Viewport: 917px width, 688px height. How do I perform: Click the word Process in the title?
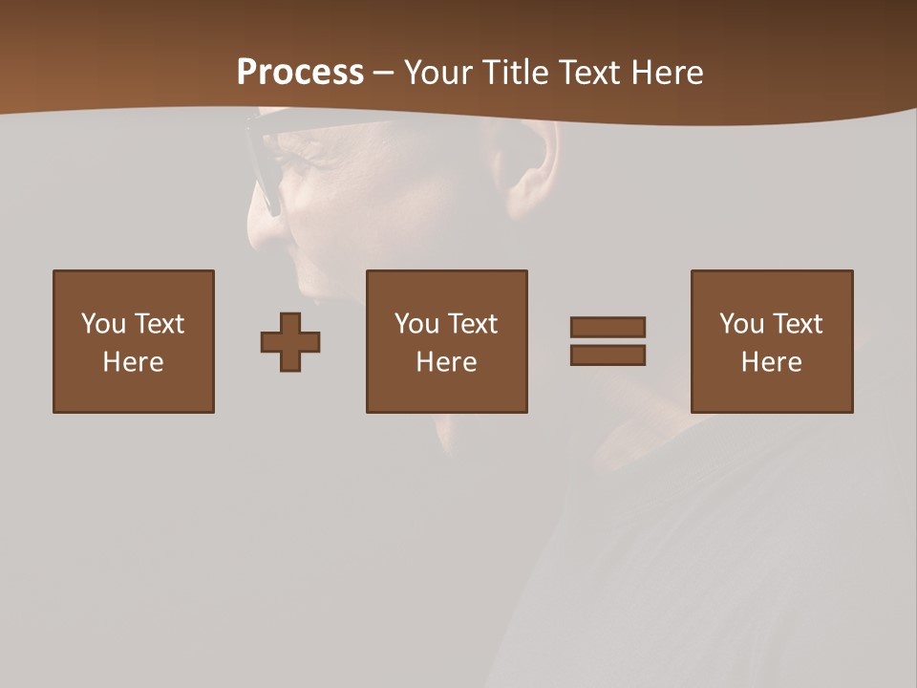(300, 73)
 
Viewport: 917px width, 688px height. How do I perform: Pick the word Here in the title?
(669, 73)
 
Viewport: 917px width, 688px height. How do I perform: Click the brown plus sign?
(290, 342)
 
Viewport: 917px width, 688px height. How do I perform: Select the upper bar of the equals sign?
(608, 327)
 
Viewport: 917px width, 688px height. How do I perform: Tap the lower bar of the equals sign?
(608, 355)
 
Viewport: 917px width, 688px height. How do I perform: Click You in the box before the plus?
(103, 324)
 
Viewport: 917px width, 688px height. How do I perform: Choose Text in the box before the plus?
(159, 324)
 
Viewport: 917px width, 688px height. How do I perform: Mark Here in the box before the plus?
(133, 362)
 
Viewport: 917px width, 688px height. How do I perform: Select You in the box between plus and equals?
(416, 324)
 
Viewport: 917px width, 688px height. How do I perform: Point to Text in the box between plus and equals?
(472, 324)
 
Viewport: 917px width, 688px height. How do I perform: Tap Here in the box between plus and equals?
(446, 362)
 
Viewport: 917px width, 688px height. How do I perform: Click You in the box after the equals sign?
(741, 324)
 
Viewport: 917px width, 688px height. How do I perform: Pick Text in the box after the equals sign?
(797, 324)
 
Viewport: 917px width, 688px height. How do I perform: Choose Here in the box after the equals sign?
(771, 362)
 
